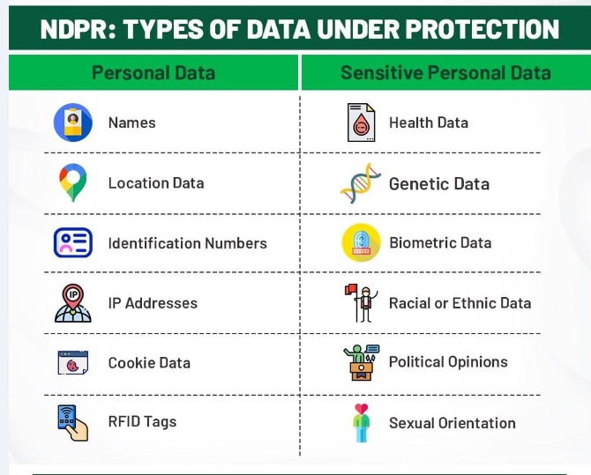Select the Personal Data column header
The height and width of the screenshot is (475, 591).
[x=153, y=72]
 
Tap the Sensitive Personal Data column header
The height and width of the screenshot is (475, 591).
[x=445, y=72]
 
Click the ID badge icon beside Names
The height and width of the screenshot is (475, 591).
[x=72, y=122]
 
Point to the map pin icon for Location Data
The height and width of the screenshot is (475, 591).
[x=72, y=182]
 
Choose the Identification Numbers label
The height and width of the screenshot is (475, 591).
[x=187, y=243]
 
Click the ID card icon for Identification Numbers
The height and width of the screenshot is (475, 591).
[x=72, y=242]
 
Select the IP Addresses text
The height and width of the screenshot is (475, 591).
[x=153, y=303]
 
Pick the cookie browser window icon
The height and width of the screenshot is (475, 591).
[x=72, y=363]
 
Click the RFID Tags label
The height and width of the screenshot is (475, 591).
[x=142, y=422]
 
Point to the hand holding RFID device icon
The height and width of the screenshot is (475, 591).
[x=72, y=423]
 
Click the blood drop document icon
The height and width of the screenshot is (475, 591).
[x=361, y=122]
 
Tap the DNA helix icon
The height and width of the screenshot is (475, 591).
[x=361, y=183]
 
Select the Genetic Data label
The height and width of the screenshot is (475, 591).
[x=439, y=184]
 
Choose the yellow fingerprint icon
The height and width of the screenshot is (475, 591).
[x=361, y=242]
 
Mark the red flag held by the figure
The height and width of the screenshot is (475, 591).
[x=351, y=289]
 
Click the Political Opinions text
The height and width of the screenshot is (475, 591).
[x=448, y=362]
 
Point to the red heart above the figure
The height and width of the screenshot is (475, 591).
[x=361, y=409]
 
